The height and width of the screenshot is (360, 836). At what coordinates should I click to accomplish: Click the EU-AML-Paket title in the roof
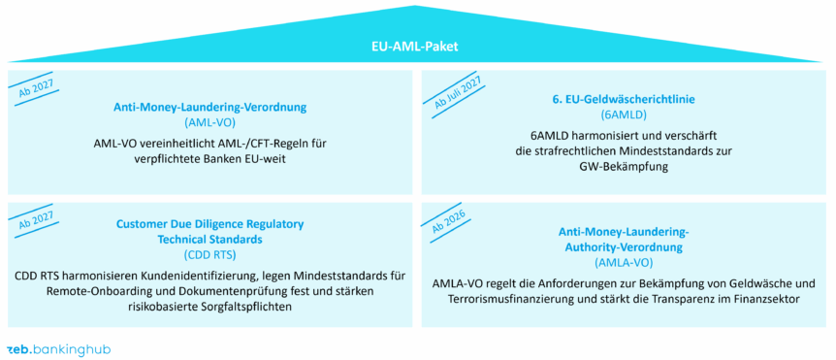coord(417,47)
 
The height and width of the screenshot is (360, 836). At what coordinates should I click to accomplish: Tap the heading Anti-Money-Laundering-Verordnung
coord(209,108)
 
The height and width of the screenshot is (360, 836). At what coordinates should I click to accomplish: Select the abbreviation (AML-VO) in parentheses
coord(209,123)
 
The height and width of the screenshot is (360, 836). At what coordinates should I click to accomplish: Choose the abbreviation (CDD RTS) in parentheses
coord(209,254)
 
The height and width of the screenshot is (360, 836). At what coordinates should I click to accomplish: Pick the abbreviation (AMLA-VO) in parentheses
coord(625,262)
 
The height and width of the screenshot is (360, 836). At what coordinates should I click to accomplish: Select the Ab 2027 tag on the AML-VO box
coord(36,89)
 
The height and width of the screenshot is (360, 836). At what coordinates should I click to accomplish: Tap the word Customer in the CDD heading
coord(140,223)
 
